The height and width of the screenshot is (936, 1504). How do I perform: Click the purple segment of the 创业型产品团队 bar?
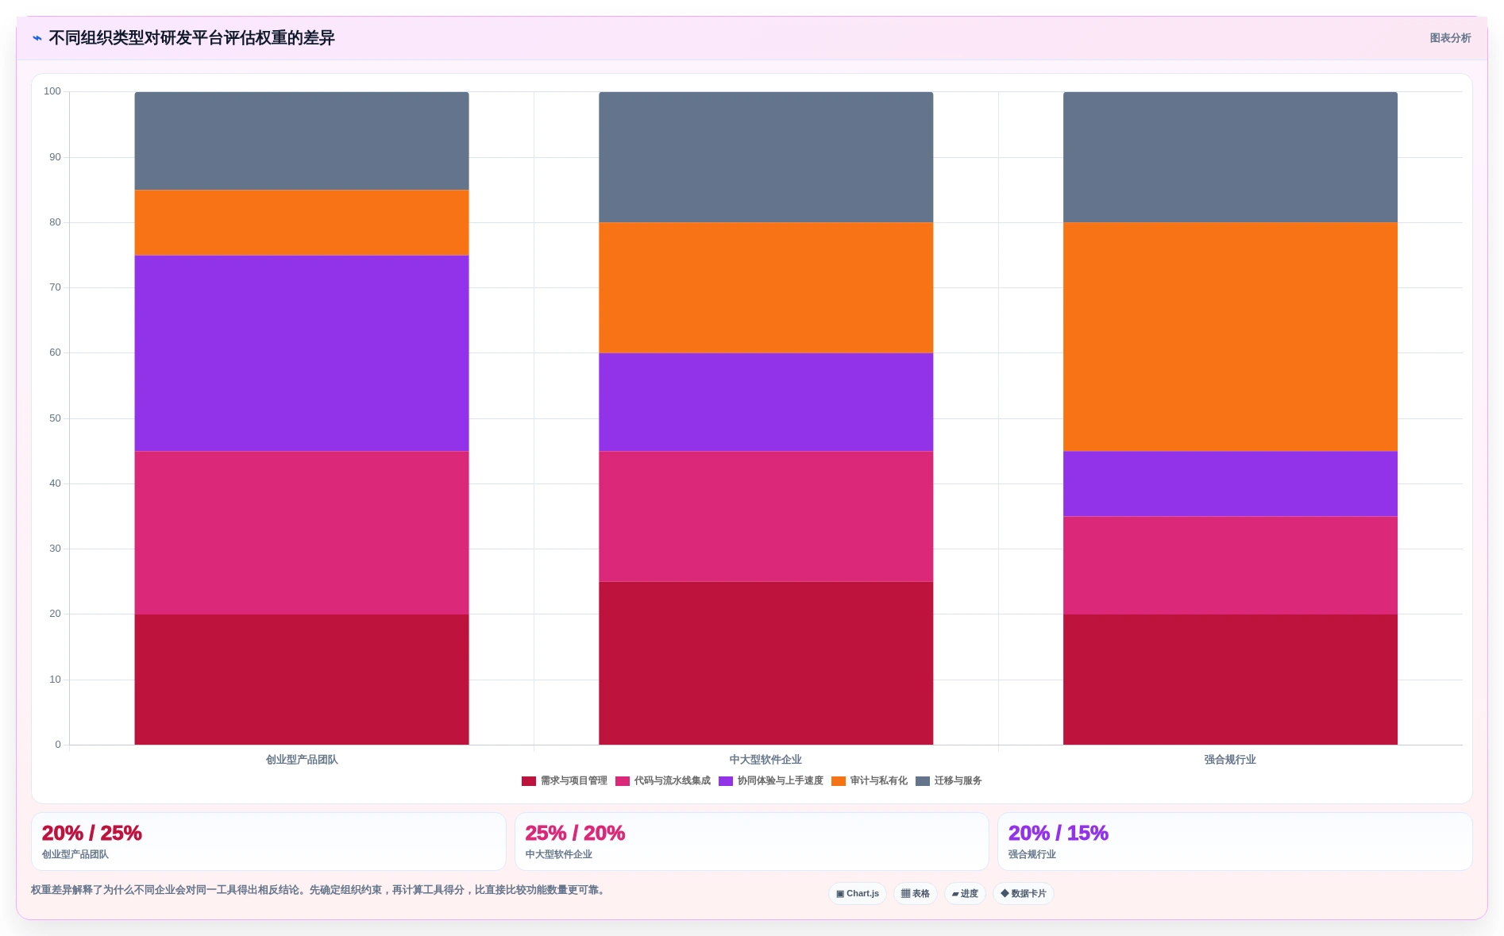(x=302, y=353)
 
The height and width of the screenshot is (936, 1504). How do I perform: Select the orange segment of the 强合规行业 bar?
(x=1230, y=337)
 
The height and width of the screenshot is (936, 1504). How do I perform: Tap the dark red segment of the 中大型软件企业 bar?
(x=765, y=664)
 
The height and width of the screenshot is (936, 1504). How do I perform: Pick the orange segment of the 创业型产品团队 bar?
(x=302, y=223)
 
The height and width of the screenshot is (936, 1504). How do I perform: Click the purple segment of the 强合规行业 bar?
(x=1230, y=484)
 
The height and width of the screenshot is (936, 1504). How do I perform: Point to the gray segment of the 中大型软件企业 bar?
(x=765, y=157)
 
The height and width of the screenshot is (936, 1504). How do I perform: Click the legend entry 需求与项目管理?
(x=565, y=781)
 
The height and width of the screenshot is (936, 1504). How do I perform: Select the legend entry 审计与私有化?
(x=870, y=781)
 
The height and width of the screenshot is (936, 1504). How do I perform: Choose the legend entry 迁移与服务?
(x=949, y=781)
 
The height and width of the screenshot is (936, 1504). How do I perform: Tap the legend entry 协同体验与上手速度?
(x=771, y=781)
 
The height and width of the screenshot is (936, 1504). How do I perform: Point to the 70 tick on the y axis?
(x=55, y=287)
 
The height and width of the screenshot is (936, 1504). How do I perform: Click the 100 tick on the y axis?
(x=52, y=91)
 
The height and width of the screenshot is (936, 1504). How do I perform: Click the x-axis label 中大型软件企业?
(x=765, y=760)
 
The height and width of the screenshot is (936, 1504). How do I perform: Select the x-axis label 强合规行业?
(x=1230, y=760)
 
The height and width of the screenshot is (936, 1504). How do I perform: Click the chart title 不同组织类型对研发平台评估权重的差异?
(x=191, y=38)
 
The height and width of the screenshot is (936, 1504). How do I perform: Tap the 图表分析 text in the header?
(x=1450, y=38)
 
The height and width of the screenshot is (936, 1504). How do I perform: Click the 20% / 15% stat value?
(x=1058, y=833)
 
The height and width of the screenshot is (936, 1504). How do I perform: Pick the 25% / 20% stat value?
(x=575, y=833)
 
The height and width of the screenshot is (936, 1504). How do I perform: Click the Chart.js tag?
(x=858, y=894)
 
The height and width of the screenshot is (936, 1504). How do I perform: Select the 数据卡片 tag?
(x=1024, y=894)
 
